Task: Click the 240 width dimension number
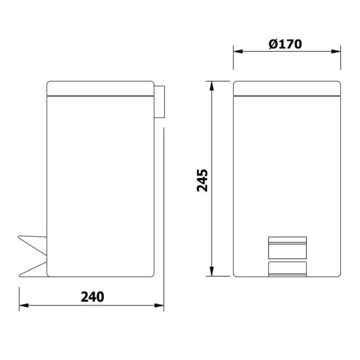tap(91, 296)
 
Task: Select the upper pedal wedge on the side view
tap(33, 242)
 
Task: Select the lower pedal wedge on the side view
tap(33, 267)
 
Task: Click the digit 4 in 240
tap(91, 296)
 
